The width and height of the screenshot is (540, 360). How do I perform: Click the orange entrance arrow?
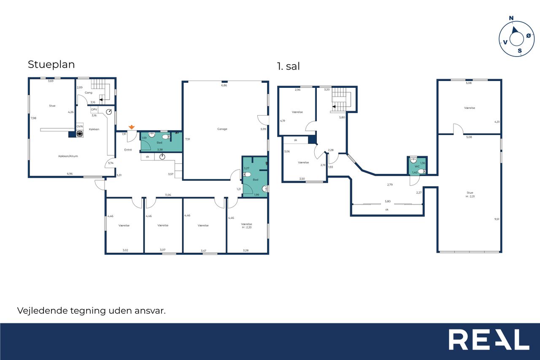coord(131,127)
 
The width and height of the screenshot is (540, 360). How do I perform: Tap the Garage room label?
coord(222,129)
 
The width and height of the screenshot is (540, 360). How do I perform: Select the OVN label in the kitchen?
coord(80,126)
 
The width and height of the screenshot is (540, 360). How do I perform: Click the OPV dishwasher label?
coord(94,109)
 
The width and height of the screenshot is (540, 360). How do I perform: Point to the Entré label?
coord(128,150)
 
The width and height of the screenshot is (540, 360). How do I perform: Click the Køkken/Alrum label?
coord(68,156)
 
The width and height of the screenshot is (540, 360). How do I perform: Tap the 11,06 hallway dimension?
coord(168,195)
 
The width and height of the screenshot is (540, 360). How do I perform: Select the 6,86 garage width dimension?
coord(224,85)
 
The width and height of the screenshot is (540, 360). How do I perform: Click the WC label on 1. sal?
coord(417,167)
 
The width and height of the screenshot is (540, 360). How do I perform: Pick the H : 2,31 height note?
coord(470,197)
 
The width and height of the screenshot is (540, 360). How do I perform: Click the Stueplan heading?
coord(51,65)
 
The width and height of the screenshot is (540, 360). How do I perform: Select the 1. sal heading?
coord(289,66)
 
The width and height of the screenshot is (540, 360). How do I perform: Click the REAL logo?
coord(489,339)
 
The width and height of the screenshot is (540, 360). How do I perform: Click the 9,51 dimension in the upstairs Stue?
coord(497,219)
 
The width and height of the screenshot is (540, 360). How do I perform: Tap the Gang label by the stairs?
coord(89,92)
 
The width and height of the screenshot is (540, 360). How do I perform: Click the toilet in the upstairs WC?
coord(422,171)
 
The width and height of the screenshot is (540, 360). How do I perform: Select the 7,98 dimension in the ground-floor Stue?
coord(33,118)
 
